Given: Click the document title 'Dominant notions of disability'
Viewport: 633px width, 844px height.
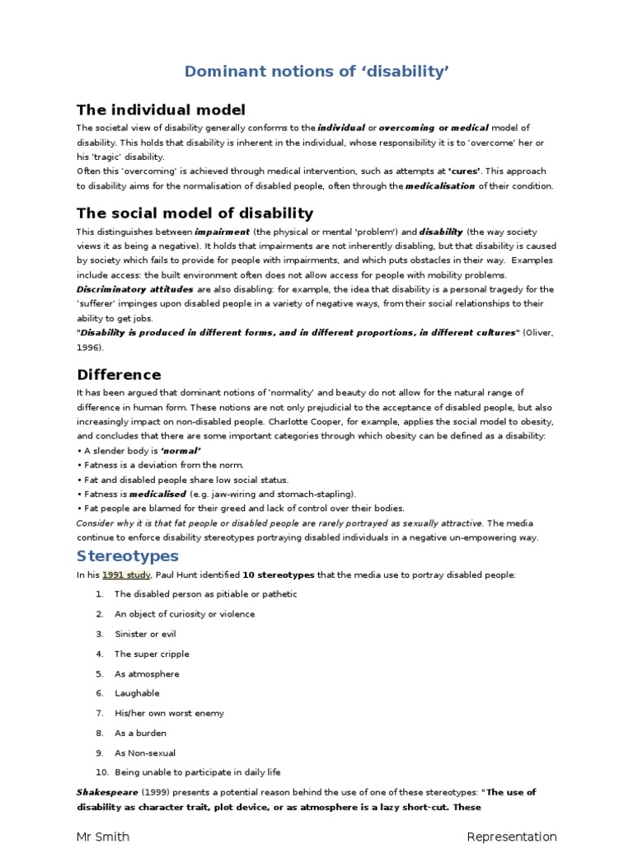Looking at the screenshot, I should pyautogui.click(x=316, y=73).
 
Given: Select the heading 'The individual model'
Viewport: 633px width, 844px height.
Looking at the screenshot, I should pyautogui.click(x=161, y=110).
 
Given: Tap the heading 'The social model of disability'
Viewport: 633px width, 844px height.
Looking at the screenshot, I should pyautogui.click(x=195, y=213).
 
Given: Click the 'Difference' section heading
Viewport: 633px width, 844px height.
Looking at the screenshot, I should pyautogui.click(x=119, y=375).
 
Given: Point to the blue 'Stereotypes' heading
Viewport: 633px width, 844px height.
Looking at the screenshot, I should pyautogui.click(x=127, y=555).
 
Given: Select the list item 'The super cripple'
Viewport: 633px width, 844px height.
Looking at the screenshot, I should pyautogui.click(x=152, y=654).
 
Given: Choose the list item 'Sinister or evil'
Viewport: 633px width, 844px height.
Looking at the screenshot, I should pyautogui.click(x=145, y=634).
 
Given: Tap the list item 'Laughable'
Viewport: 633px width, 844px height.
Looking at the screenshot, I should pyautogui.click(x=137, y=693).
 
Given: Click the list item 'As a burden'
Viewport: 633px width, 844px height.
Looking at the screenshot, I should pyautogui.click(x=140, y=733).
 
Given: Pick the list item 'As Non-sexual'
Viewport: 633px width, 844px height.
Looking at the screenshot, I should pyautogui.click(x=145, y=753).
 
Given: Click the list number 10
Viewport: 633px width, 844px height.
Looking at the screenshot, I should pyautogui.click(x=101, y=772).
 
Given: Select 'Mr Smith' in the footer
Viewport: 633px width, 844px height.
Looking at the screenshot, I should pyautogui.click(x=103, y=837).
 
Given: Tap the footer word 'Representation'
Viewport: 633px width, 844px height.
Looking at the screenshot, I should pyautogui.click(x=511, y=837).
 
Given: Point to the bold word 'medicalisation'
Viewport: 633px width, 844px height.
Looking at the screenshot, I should pyautogui.click(x=440, y=186).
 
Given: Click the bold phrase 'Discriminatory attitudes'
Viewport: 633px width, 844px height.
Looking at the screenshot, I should pyautogui.click(x=135, y=289).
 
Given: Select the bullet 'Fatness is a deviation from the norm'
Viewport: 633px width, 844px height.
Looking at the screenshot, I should pyautogui.click(x=153, y=465).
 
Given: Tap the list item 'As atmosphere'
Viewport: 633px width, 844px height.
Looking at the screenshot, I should pyautogui.click(x=147, y=673).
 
